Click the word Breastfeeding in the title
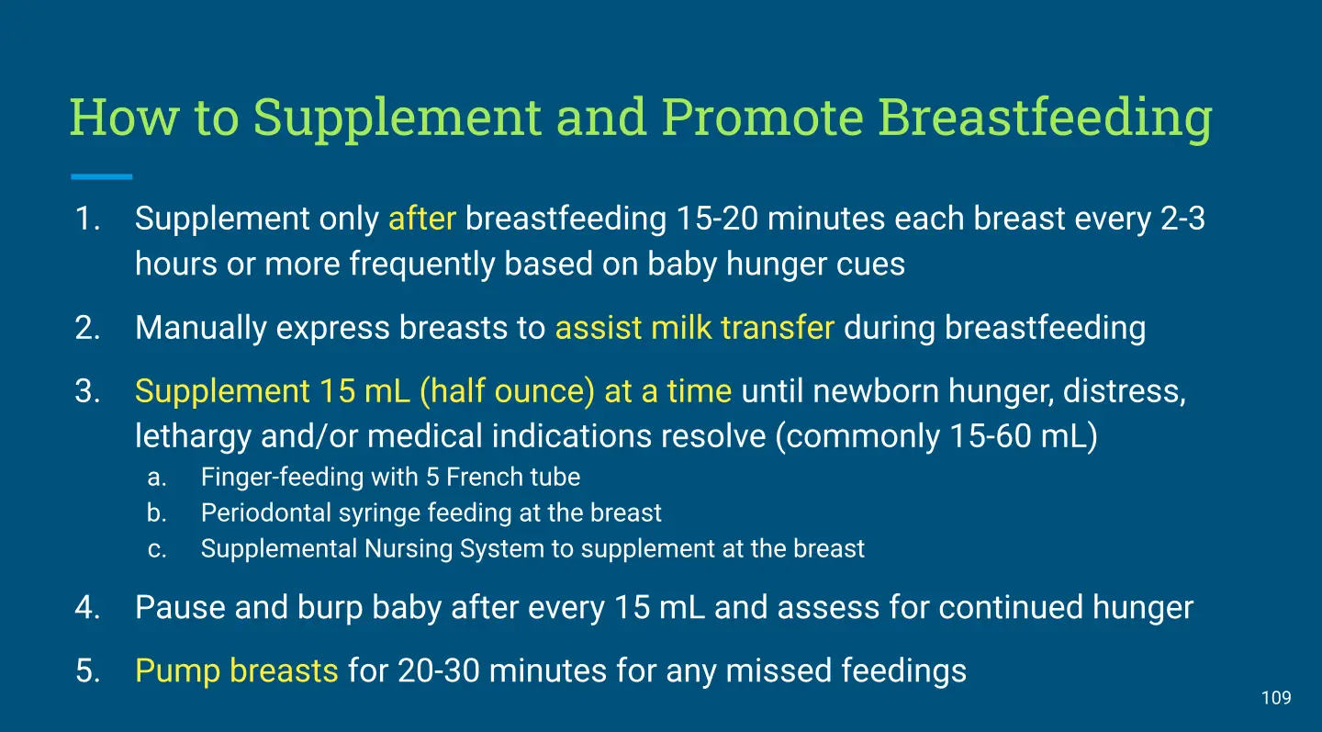coord(1045,119)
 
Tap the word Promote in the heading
coord(763,118)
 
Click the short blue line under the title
coord(102,176)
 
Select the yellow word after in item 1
coord(422,219)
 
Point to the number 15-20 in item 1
coord(717,219)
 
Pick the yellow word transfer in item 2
coord(778,328)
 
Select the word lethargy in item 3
coord(193,438)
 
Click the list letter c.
coord(156,550)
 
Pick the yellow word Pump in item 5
coord(178,672)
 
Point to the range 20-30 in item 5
coord(439,671)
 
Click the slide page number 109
coord(1276,698)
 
